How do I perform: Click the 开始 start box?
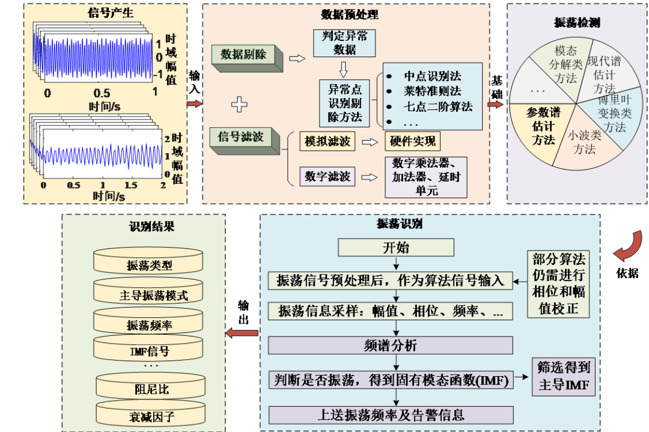[x=395, y=248]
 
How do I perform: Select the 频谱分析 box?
[x=391, y=345]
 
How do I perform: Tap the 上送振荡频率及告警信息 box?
[x=391, y=415]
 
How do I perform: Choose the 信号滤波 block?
[x=243, y=138]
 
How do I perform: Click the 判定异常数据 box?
[x=344, y=43]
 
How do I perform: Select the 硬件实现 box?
[x=412, y=142]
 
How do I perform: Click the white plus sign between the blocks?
[x=239, y=105]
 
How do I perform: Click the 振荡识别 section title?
[x=399, y=224]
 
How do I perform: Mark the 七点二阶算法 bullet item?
[x=437, y=107]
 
